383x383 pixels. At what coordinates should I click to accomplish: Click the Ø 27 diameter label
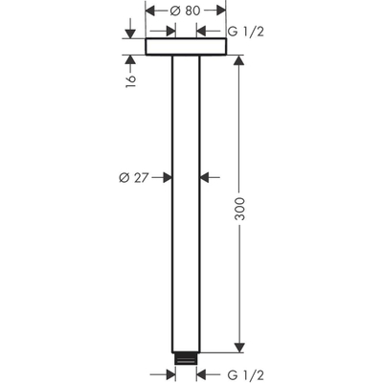click(x=135, y=176)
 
